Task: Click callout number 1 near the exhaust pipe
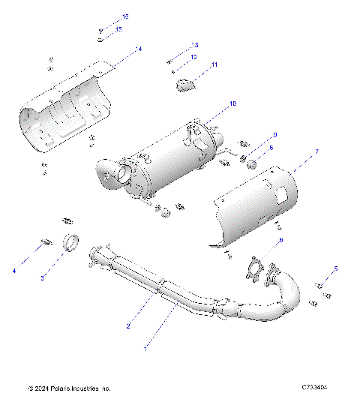coord(145,349)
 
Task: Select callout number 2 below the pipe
coord(128,326)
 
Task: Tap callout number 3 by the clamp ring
coord(43,278)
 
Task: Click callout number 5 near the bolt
coord(336,268)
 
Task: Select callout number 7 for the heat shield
coord(316,152)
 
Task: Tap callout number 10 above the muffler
coord(232,102)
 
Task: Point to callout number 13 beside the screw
coord(195,45)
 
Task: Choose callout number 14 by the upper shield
coord(139,49)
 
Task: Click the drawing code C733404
coord(315,388)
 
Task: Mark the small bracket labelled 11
coord(185,85)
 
